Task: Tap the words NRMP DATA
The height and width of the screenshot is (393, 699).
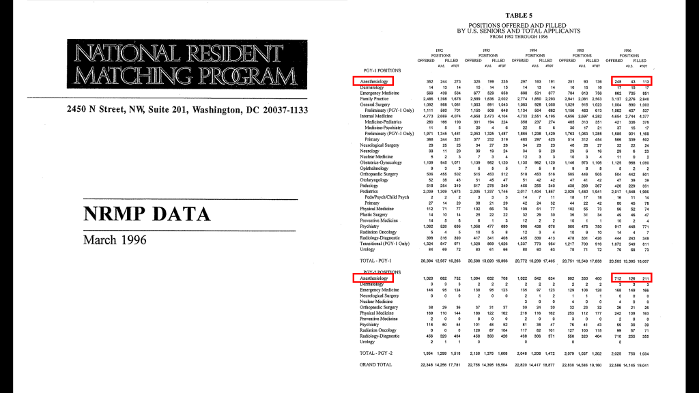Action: (147, 214)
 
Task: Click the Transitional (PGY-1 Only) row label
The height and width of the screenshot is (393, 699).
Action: (385, 243)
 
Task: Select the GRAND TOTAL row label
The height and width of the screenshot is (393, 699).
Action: (376, 365)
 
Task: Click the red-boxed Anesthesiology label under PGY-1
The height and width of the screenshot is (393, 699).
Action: (374, 81)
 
